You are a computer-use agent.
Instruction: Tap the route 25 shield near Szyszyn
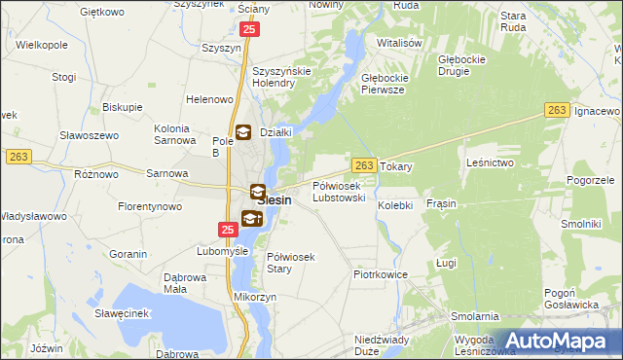point(250,31)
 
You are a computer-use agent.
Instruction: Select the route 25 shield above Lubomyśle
point(227,230)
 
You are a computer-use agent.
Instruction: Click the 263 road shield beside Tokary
point(364,166)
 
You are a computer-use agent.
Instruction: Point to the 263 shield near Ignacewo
point(557,112)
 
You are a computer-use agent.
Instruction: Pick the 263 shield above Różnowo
point(18,157)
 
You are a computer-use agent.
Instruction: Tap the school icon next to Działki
point(242,132)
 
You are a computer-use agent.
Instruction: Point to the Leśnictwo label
point(490,162)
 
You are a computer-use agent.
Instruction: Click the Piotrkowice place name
point(380,274)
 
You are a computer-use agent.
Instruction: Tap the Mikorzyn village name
point(255,297)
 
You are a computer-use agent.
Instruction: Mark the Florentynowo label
point(150,207)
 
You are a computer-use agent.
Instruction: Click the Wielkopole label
point(40,45)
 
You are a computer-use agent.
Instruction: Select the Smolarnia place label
point(475,316)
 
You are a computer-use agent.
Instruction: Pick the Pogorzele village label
point(590,181)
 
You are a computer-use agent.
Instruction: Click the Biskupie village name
point(123,106)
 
